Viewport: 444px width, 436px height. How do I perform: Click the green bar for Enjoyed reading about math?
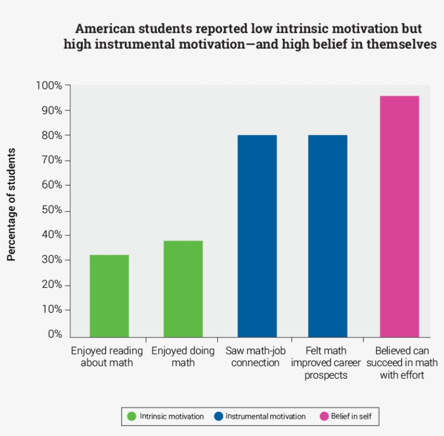[x=109, y=296]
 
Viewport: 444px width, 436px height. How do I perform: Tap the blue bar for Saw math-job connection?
[x=257, y=236]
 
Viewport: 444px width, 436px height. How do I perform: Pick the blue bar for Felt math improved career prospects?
[x=328, y=236]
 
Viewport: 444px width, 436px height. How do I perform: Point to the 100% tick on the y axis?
[x=49, y=85]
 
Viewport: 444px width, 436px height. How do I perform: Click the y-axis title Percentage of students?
[x=11, y=204]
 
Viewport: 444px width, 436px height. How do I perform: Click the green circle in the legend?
[x=131, y=417]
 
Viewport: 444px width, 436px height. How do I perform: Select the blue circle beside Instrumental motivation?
[x=219, y=417]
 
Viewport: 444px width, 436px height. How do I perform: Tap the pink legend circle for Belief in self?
[x=324, y=417]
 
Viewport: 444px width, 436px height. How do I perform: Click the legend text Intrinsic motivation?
[x=172, y=417]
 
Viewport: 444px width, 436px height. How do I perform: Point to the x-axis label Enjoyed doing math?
[x=183, y=356]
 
